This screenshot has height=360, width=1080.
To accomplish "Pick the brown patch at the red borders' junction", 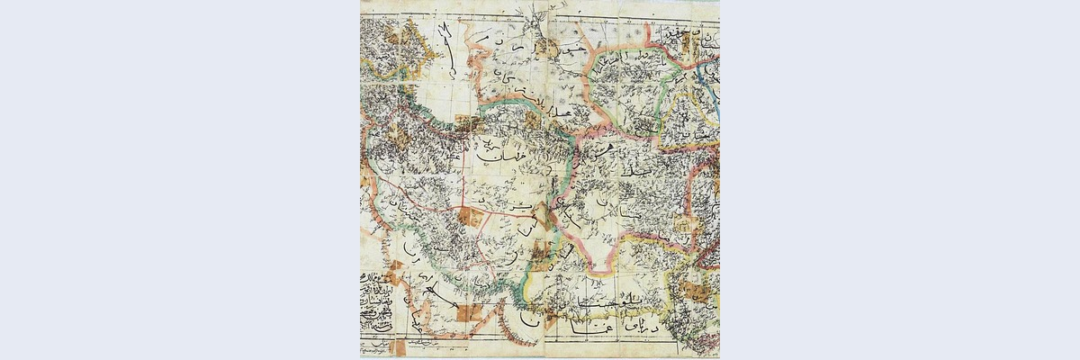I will [x=469, y=216].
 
